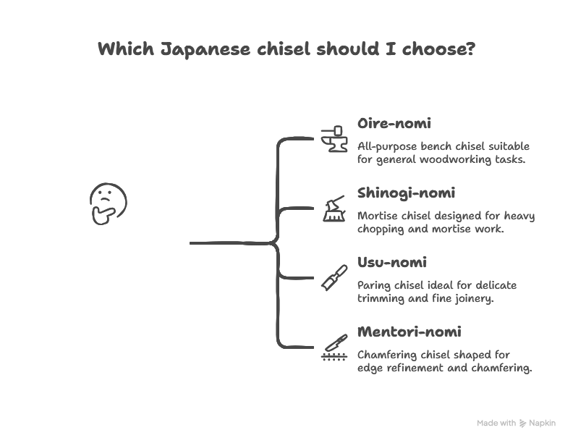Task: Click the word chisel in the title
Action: click(x=289, y=50)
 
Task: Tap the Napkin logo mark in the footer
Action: click(x=522, y=423)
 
